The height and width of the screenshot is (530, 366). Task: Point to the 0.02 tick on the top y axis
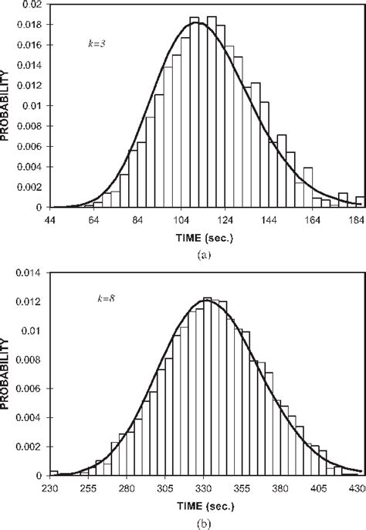tap(34, 5)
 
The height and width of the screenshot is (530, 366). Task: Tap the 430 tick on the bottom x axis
tap(355, 489)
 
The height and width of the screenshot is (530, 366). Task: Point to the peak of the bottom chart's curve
tap(206, 299)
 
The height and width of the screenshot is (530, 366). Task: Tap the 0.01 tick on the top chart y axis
tap(34, 106)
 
